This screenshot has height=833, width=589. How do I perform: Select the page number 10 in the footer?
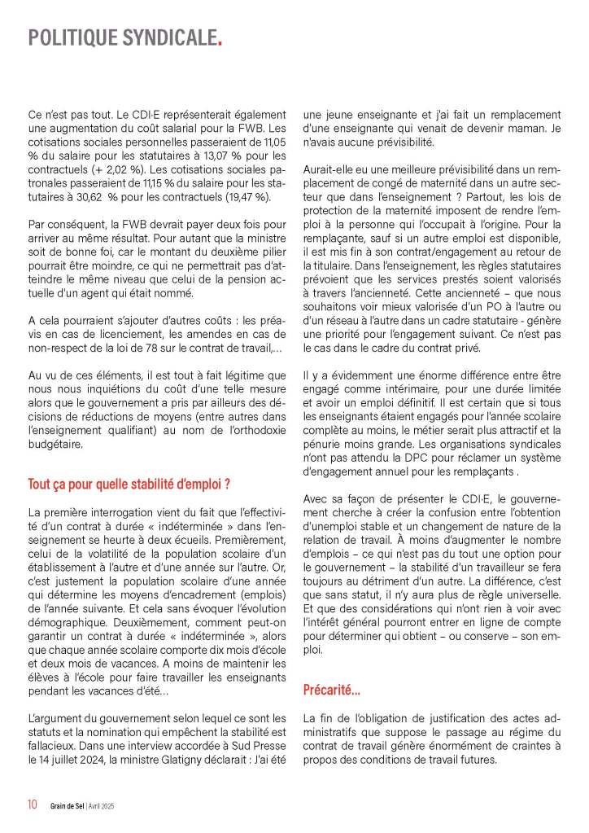[33, 805]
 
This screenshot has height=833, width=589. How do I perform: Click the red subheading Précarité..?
[331, 691]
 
